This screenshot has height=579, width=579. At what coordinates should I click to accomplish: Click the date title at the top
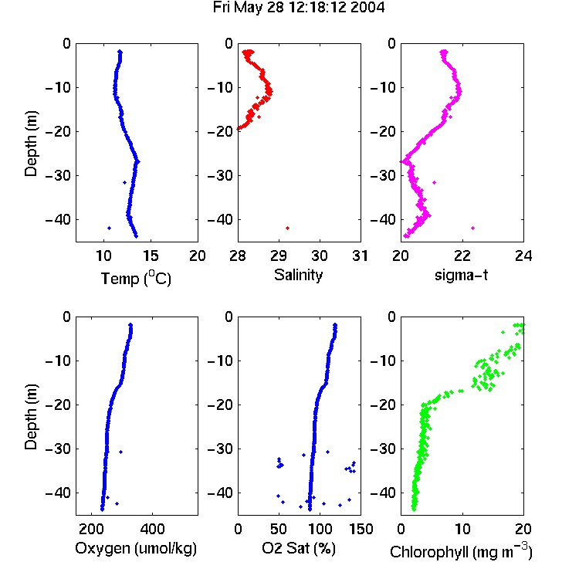pos(299,8)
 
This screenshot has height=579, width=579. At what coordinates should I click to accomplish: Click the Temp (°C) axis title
pos(136,279)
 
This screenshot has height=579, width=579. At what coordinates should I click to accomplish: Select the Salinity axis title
pos(298,276)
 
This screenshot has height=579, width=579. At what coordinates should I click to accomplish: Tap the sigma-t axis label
pos(461,275)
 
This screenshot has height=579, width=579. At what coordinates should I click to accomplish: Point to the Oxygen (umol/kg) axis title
pos(136,549)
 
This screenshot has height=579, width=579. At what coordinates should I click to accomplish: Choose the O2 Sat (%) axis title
pos(299,549)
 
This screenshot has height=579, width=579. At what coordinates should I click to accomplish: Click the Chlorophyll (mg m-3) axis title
pos(461,550)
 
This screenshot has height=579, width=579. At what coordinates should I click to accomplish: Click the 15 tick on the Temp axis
pos(151,256)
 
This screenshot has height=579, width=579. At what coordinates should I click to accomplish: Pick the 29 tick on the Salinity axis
pos(279,256)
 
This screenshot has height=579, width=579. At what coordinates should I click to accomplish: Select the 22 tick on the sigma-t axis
pos(462,256)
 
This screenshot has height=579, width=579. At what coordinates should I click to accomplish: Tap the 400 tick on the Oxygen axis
pos(152,529)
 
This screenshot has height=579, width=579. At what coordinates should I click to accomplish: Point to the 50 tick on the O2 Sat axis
pos(279,529)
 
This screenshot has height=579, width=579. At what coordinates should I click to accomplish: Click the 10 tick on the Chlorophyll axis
pos(462,529)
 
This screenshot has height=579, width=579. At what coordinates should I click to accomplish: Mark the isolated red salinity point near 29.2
pos(288,229)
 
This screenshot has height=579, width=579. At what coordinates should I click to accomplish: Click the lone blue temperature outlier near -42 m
pos(110,229)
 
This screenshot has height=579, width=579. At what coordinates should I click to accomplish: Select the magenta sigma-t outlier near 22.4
pos(472,229)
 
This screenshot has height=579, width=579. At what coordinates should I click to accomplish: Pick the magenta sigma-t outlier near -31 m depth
pos(434,182)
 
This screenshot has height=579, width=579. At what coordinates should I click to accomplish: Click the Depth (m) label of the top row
pos(31,144)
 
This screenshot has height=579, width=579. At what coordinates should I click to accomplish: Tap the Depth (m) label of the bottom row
pos(31,417)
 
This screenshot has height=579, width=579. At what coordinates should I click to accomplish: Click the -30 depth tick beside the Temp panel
pos(58,175)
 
